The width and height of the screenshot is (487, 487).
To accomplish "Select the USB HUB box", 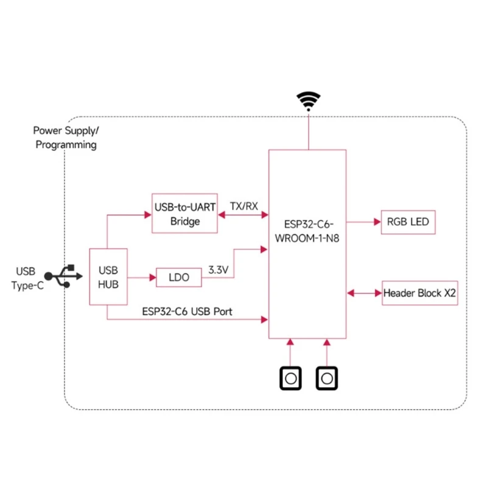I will click(108, 276).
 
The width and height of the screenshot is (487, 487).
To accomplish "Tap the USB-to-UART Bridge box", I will click(184, 213).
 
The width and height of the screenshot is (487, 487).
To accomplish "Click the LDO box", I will click(179, 278).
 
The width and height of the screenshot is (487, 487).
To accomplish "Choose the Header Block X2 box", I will click(419, 293).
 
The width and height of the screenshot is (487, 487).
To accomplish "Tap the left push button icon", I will click(290, 378).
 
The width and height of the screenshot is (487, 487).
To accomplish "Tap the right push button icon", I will click(326, 378).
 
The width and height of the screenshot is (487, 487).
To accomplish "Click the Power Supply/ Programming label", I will click(65, 138).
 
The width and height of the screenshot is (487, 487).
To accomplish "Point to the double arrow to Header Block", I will click(364, 293).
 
